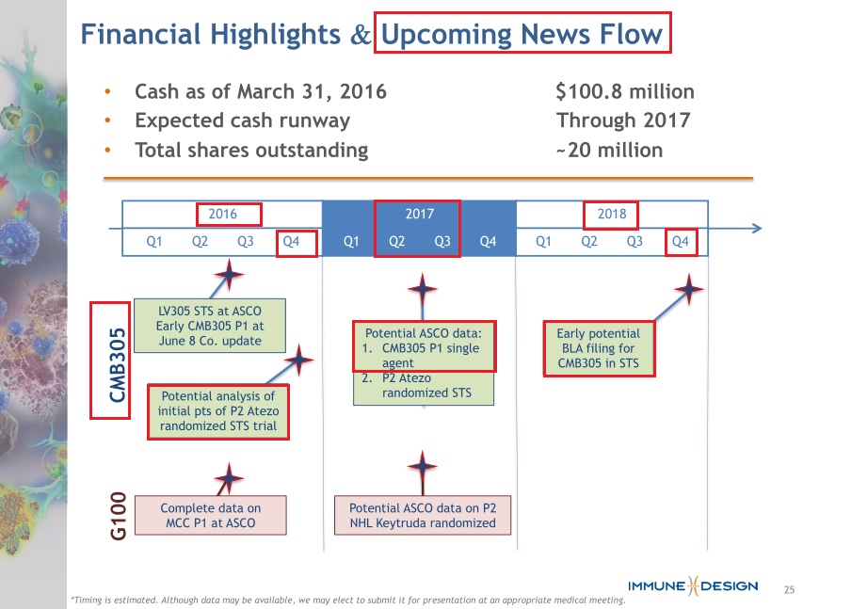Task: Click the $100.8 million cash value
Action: click(625, 91)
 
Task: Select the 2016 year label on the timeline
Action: click(222, 214)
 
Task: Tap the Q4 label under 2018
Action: click(680, 242)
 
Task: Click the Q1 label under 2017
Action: click(351, 242)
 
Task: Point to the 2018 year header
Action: click(612, 214)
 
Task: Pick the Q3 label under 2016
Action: click(246, 242)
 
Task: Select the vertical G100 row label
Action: click(118, 516)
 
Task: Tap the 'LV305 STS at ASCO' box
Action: click(210, 326)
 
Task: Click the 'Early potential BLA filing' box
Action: click(599, 348)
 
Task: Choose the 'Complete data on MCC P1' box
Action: click(211, 515)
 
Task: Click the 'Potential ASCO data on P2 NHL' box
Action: click(423, 515)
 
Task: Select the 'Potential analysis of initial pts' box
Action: click(218, 411)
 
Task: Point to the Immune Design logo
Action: click(693, 586)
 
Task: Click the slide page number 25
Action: click(789, 589)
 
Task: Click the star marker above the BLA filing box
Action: click(689, 289)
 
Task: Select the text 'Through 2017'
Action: click(623, 120)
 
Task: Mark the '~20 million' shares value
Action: click(609, 151)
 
